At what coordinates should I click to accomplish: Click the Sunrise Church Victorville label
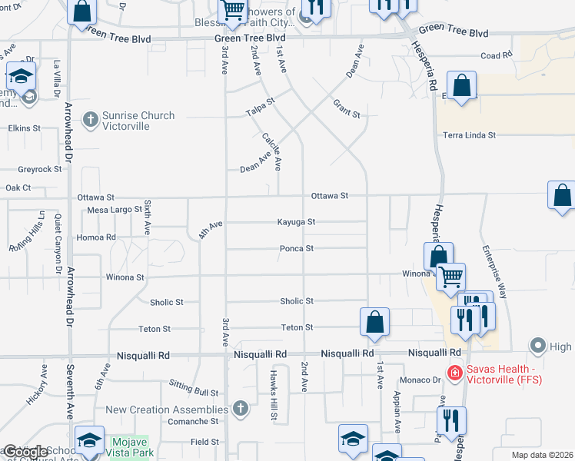(138, 121)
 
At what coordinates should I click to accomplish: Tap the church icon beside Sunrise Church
(90, 118)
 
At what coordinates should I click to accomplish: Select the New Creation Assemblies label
(167, 410)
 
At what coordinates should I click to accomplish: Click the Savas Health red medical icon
(455, 373)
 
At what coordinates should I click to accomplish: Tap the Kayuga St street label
(297, 222)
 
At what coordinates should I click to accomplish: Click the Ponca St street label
(297, 248)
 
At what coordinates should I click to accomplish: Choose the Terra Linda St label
(469, 135)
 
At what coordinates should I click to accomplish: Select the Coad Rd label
(496, 55)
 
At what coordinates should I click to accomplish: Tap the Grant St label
(347, 108)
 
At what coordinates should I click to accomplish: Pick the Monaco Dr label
(419, 380)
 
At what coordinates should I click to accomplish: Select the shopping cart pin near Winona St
(450, 277)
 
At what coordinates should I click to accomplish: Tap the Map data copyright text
(543, 455)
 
